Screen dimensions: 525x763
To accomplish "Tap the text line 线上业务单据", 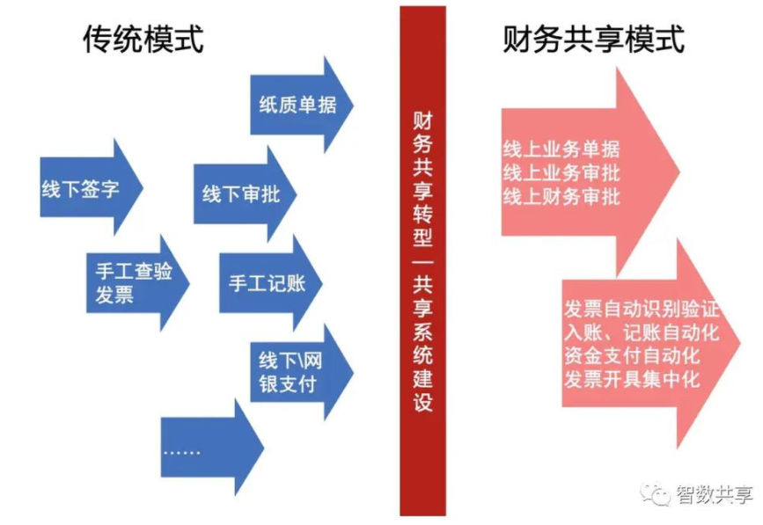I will pos(561,148).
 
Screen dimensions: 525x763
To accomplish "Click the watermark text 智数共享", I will pos(715,495).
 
